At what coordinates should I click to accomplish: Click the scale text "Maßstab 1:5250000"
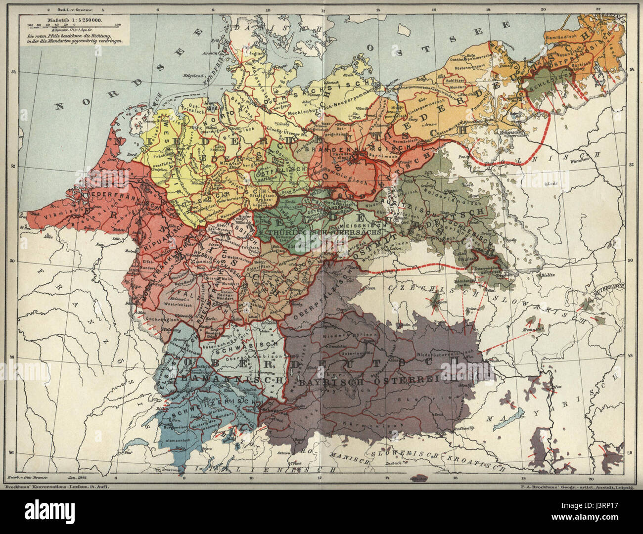[x=74, y=20]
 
